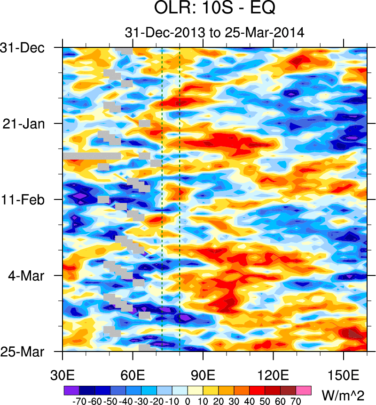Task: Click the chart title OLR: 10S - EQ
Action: pos(215,9)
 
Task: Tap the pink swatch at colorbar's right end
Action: pos(304,390)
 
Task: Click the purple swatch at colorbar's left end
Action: pos(71,390)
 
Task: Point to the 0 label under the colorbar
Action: pos(188,401)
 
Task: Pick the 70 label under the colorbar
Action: pos(296,401)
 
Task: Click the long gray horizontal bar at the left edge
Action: pos(92,156)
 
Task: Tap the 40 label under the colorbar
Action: pos(250,401)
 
